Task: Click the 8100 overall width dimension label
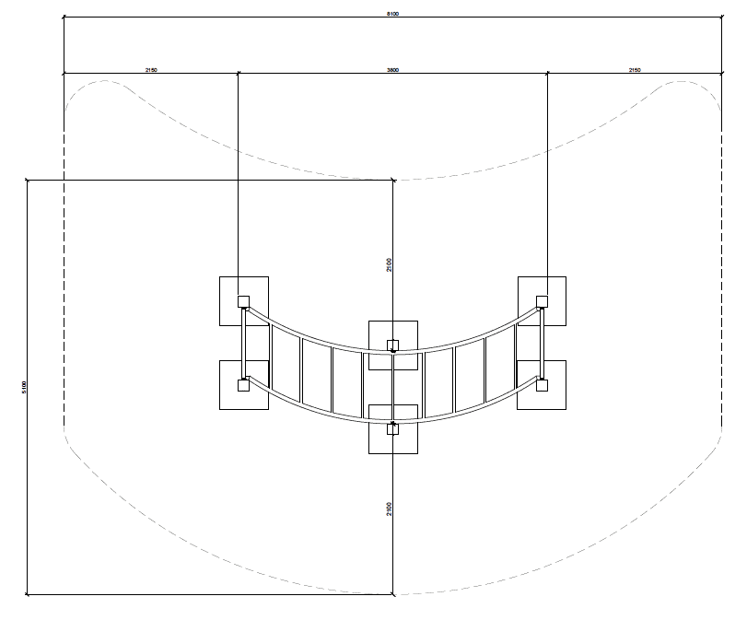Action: (x=393, y=14)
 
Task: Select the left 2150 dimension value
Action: (x=151, y=69)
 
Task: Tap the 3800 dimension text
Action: (x=393, y=69)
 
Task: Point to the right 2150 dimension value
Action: (x=635, y=69)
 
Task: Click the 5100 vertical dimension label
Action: (x=23, y=387)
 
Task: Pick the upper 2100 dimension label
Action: (x=390, y=264)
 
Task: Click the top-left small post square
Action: (x=244, y=301)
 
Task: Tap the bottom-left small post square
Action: (x=244, y=385)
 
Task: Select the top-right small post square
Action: (x=543, y=301)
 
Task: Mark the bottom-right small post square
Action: (x=543, y=385)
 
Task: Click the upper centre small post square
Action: (x=393, y=346)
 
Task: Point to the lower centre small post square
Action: (x=393, y=428)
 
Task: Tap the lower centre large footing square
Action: (x=393, y=440)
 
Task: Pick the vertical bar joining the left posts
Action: (x=244, y=343)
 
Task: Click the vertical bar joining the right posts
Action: (x=543, y=343)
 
